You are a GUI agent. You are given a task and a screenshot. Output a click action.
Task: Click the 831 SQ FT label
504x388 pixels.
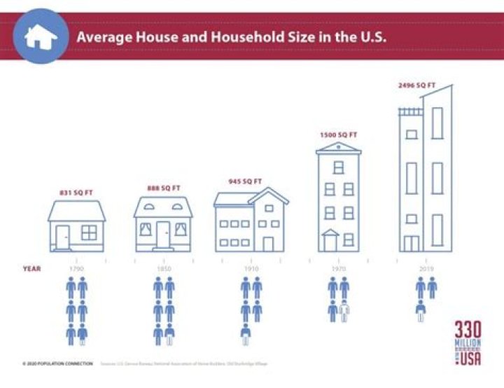(77, 192)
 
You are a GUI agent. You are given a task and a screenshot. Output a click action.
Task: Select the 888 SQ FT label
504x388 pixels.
(162, 188)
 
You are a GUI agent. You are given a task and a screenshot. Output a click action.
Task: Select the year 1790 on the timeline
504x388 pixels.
(76, 268)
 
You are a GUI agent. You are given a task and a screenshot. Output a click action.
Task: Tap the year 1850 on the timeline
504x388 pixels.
(163, 268)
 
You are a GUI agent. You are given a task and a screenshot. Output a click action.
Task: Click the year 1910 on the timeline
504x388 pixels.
(251, 268)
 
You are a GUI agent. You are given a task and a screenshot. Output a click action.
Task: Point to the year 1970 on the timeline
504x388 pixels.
(338, 268)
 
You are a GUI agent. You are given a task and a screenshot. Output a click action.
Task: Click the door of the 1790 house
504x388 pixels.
(63, 237)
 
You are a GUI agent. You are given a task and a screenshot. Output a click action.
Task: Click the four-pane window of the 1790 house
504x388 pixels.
(89, 233)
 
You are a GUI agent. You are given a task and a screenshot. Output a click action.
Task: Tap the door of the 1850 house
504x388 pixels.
(163, 235)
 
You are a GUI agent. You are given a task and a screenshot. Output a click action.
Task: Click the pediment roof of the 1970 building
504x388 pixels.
(339, 148)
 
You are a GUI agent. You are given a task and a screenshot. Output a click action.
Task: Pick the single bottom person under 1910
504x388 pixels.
(246, 334)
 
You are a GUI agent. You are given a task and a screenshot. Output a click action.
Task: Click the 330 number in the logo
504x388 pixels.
(468, 331)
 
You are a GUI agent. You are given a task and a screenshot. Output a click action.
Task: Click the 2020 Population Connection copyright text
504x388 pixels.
(57, 363)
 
